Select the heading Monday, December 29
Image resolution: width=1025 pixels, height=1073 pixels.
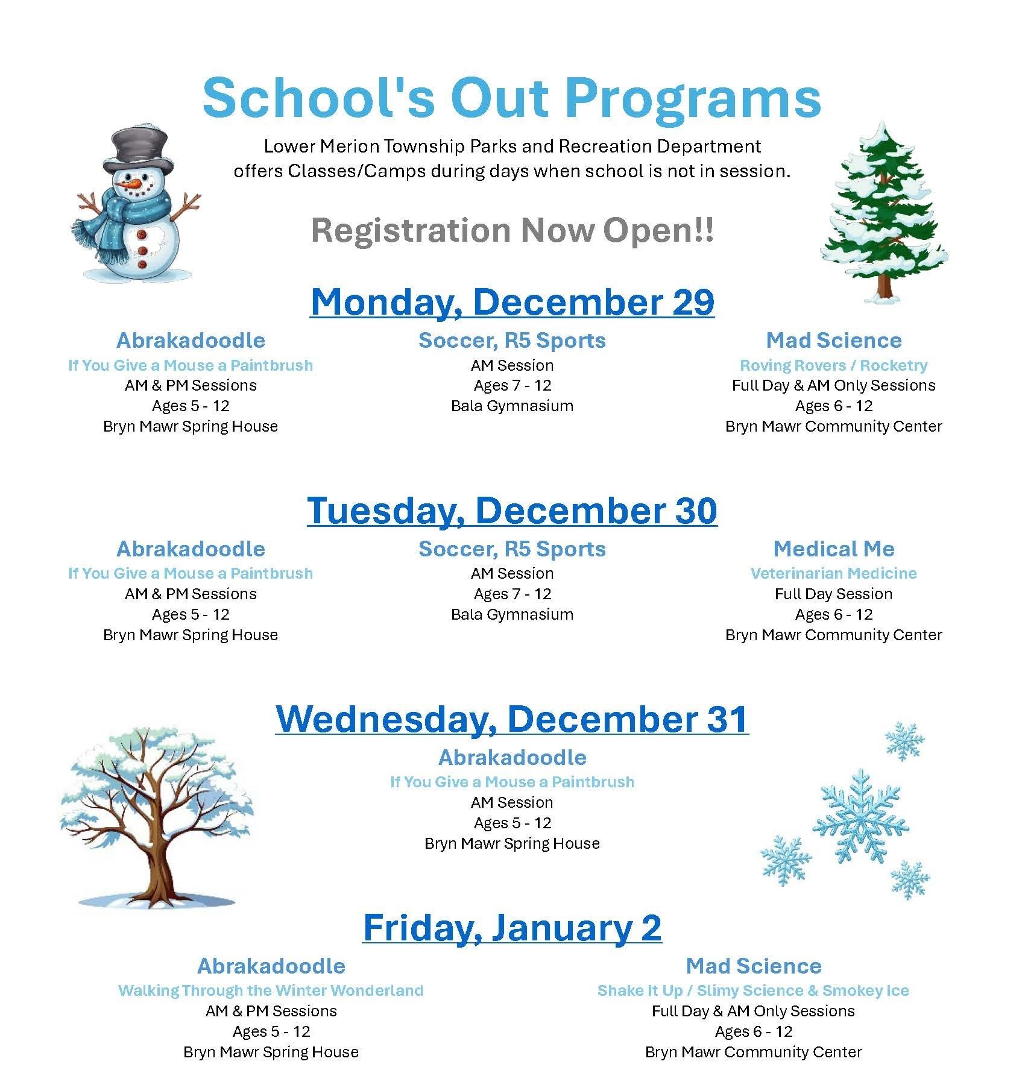click(512, 302)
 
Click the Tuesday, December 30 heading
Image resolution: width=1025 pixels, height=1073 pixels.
click(512, 511)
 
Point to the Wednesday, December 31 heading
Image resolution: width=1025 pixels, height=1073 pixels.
click(512, 719)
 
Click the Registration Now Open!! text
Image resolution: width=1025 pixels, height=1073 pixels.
click(512, 230)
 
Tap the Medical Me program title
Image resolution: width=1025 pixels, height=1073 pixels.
click(833, 549)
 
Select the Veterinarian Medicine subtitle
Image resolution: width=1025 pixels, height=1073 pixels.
click(833, 573)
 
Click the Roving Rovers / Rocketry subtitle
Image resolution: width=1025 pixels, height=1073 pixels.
click(833, 365)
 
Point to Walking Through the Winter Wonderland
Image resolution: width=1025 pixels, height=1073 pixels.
click(271, 990)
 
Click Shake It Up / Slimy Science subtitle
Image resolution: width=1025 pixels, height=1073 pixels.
click(753, 990)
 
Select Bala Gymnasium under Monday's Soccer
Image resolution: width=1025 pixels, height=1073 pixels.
click(512, 406)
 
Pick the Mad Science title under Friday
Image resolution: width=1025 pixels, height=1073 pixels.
click(753, 966)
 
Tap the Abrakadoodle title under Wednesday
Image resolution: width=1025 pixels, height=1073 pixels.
click(512, 757)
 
